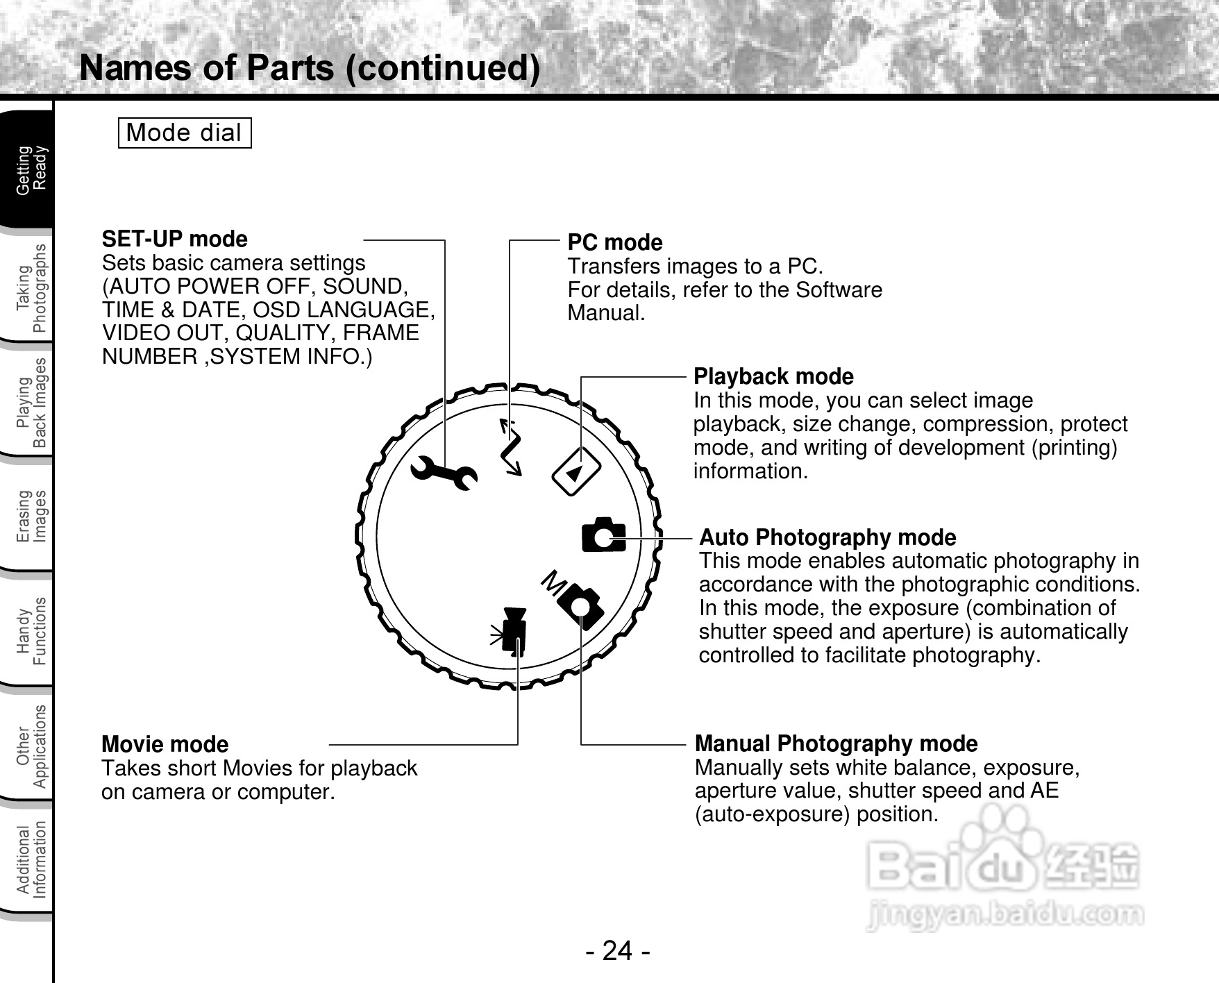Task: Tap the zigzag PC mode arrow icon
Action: coord(511,447)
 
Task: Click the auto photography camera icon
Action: coord(603,535)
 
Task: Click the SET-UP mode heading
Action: coord(174,239)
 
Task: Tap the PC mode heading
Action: coord(614,242)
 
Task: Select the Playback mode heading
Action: coord(773,376)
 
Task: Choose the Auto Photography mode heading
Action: coord(827,537)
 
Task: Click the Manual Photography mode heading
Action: coord(836,743)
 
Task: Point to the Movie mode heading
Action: coord(165,744)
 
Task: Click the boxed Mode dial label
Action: coord(184,133)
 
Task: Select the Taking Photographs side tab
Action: coord(31,287)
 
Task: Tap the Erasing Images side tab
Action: coord(31,516)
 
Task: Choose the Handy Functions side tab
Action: coord(31,631)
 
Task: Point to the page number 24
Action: coord(617,950)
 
